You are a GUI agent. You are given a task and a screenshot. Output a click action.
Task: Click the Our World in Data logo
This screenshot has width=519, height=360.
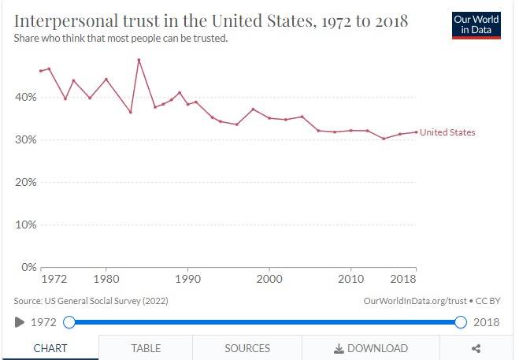point(476,25)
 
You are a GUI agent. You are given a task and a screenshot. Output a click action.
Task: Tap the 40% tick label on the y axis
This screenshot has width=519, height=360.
point(25,98)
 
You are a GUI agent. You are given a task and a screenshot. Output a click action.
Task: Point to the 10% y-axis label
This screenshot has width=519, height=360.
point(25,225)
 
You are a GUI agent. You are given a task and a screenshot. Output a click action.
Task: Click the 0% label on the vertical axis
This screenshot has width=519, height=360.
point(29,267)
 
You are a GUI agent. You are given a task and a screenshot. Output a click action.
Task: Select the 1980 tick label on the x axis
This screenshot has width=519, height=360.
point(106,279)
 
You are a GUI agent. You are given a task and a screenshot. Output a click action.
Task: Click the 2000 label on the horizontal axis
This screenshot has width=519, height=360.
point(269,279)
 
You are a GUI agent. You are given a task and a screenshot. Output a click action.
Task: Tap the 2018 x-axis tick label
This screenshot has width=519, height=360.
point(402,279)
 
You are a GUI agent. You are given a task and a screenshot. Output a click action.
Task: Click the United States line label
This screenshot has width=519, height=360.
point(447,132)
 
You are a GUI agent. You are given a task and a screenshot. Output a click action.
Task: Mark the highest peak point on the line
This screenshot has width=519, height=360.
point(139,60)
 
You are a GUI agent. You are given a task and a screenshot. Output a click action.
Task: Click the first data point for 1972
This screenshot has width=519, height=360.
point(41,71)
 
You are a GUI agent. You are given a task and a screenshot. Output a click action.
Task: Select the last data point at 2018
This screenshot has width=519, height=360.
point(416,132)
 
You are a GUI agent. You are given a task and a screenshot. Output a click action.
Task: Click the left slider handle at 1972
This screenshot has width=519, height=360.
point(69,322)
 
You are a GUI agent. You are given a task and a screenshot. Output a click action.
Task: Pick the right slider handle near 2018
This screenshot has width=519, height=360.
point(461,322)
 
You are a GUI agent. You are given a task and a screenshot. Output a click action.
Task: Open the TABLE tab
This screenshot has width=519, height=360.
point(146,348)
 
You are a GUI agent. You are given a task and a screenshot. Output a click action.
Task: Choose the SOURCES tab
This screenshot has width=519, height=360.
point(247,348)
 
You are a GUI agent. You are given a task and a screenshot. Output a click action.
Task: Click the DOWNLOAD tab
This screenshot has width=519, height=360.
point(371,348)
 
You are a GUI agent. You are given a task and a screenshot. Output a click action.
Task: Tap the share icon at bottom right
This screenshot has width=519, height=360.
point(476,348)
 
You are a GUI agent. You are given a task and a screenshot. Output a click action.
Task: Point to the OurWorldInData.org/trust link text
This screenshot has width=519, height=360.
point(415,301)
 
